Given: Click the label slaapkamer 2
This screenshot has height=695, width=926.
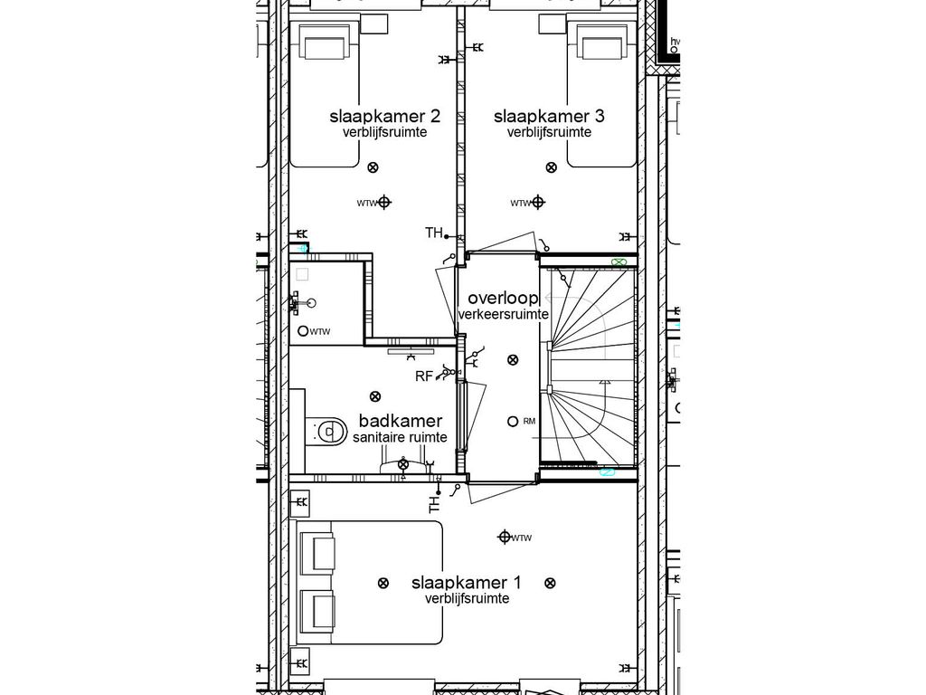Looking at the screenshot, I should pyautogui.click(x=384, y=116).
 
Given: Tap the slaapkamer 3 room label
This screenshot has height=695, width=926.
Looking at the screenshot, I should pyautogui.click(x=549, y=116).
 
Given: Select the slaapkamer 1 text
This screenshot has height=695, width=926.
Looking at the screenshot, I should pyautogui.click(x=466, y=582).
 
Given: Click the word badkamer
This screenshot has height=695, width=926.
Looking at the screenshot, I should pyautogui.click(x=401, y=421).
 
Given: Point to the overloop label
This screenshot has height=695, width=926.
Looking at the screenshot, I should pyautogui.click(x=503, y=298).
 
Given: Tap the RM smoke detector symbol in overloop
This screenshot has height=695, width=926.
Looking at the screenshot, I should pyautogui.click(x=513, y=421).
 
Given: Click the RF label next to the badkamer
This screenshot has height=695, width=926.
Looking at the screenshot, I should pyautogui.click(x=423, y=376).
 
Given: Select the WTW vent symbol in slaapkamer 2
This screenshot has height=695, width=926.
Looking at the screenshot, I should pyautogui.click(x=384, y=203).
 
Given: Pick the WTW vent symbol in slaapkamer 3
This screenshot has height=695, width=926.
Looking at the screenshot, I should pyautogui.click(x=538, y=203).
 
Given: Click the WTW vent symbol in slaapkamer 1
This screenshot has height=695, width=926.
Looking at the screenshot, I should pyautogui.click(x=505, y=538).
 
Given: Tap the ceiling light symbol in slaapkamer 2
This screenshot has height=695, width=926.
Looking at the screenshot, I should pyautogui.click(x=374, y=167).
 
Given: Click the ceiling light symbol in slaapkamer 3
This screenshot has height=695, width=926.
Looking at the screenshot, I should pyautogui.click(x=550, y=167).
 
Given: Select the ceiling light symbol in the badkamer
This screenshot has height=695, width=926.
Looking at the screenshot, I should pyautogui.click(x=374, y=396).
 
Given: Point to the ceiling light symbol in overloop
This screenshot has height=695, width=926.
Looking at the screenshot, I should pyautogui.click(x=513, y=359).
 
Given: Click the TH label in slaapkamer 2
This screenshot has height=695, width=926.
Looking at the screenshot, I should pyautogui.click(x=434, y=233).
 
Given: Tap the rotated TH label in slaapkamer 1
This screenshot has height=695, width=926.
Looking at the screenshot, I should pyautogui.click(x=435, y=504).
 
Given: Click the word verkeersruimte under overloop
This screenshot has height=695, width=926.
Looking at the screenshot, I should pyautogui.click(x=503, y=314).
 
